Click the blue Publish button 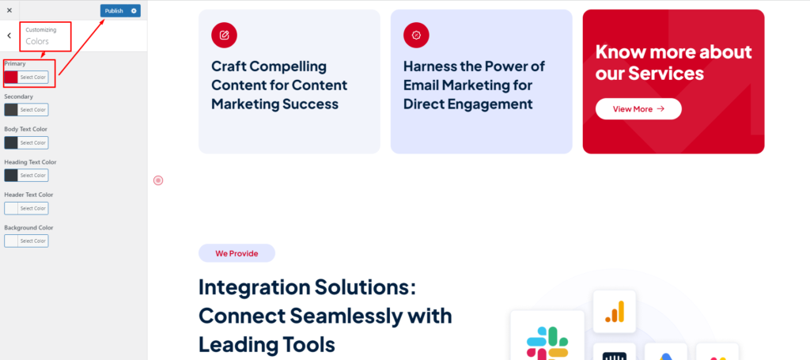pos(114,11)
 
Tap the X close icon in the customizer pos(9,10)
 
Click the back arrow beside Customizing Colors pos(9,36)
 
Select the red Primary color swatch pos(11,77)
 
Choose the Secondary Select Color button pos(33,109)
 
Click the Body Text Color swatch pos(11,142)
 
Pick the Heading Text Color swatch pos(11,175)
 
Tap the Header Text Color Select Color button pos(33,208)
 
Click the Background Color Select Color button pos(33,241)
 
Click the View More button pos(638,109)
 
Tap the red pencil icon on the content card pos(224,35)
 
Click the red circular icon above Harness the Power pos(416,35)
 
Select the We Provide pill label pos(237,253)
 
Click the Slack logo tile pos(547,335)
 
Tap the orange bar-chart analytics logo pos(614,312)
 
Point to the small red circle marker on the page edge pos(158,180)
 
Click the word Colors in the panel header pos(37,41)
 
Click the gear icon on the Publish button pos(134,11)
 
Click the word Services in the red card pos(666,74)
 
